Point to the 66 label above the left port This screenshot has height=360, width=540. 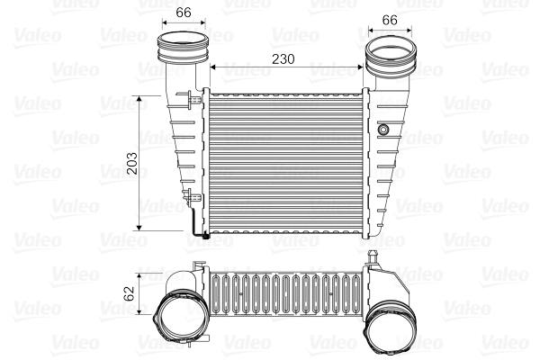(x=183, y=12)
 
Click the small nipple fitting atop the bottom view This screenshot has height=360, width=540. (x=372, y=258)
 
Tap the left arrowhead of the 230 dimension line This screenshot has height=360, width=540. (x=212, y=66)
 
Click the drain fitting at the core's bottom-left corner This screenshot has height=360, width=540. (x=203, y=236)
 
